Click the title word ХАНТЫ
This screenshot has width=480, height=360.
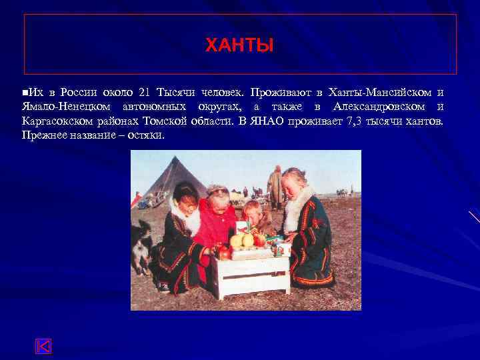(x=239, y=46)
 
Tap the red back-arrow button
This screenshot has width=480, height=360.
(x=43, y=346)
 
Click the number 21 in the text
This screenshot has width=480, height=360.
(x=146, y=92)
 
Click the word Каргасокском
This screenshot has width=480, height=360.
(x=58, y=121)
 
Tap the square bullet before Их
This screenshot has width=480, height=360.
(x=24, y=92)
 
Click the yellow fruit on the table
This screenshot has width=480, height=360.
(x=238, y=239)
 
